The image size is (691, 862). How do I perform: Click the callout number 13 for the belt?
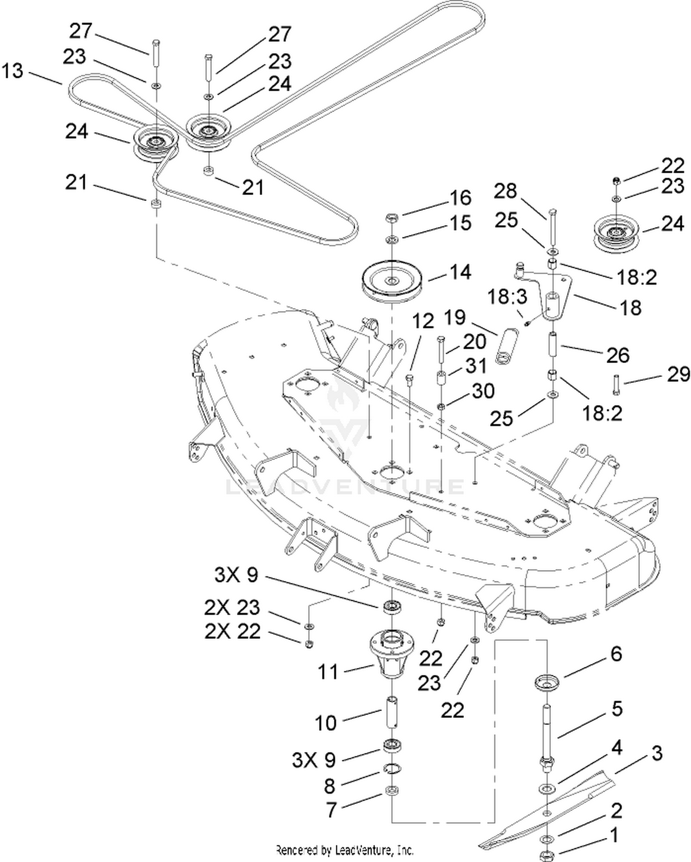[x=12, y=71]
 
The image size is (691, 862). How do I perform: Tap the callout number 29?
[x=679, y=375]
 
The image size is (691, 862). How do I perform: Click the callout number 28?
[x=505, y=191]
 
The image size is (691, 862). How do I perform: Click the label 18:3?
[x=507, y=297]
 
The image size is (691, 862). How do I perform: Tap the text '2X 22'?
[x=233, y=631]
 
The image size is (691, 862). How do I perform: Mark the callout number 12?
[x=423, y=321]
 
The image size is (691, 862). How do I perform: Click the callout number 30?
[x=484, y=391]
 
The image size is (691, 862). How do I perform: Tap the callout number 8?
[x=329, y=786]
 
